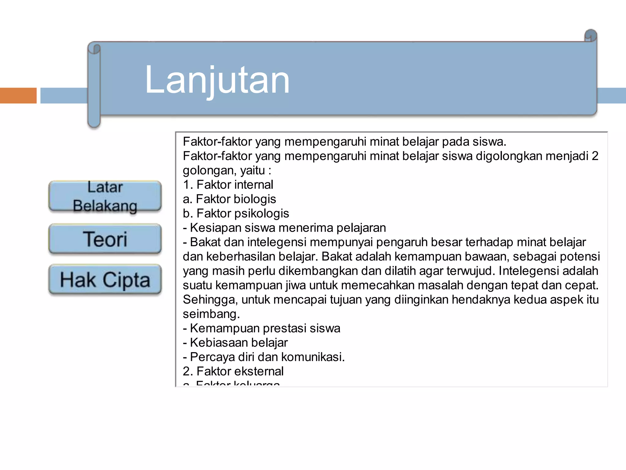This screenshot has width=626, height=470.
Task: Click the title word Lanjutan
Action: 217,80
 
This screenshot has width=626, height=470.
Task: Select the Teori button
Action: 105,239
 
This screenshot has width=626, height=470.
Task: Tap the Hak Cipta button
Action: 105,279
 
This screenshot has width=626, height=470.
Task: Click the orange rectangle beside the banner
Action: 18,95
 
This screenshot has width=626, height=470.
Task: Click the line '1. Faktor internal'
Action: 228,185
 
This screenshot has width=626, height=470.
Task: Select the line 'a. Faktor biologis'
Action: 229,199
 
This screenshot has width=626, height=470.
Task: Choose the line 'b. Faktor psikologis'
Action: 236,214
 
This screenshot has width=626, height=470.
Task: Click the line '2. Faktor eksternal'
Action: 233,371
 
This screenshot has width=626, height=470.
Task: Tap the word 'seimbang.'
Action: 211,314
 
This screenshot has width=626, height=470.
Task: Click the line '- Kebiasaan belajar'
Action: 235,343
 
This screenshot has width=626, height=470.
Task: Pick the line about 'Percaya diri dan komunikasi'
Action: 263,357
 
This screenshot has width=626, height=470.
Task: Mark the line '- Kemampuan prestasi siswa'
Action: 261,328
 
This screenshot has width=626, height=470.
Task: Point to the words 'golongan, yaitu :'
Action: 227,170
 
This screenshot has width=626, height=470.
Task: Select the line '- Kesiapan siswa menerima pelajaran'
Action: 284,228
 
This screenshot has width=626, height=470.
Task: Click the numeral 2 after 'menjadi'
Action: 595,156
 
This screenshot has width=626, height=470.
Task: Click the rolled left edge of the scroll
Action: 94,86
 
